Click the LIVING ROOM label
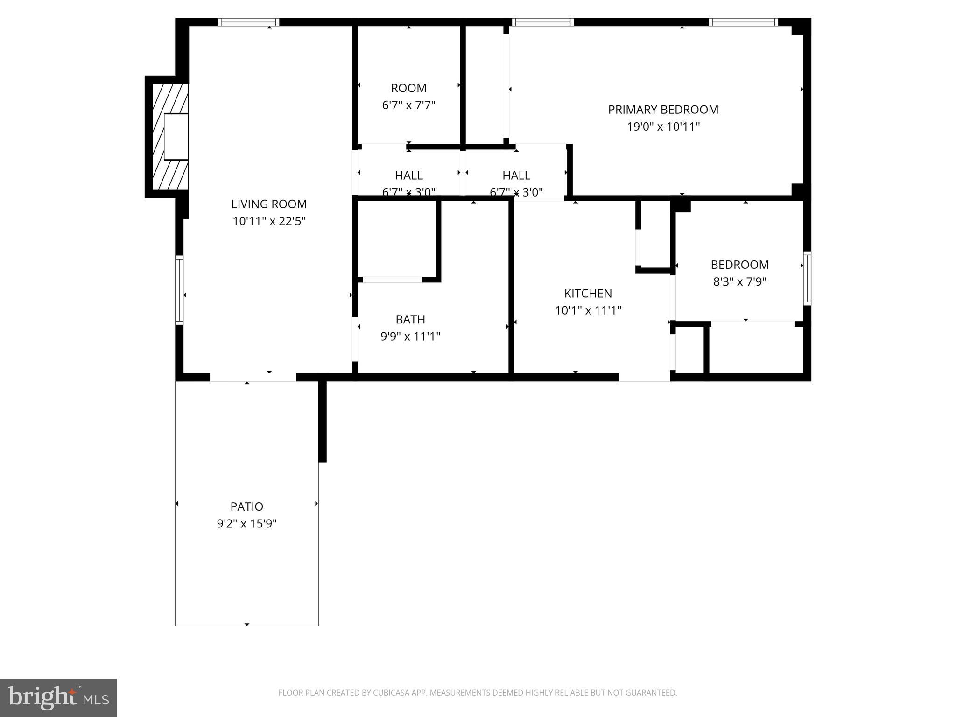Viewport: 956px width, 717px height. click(x=269, y=204)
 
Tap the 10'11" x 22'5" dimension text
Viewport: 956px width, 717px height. click(x=269, y=221)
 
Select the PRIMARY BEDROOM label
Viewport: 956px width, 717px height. click(x=663, y=110)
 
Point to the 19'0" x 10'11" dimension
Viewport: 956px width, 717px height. click(x=663, y=127)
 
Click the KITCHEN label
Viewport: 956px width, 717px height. click(x=588, y=294)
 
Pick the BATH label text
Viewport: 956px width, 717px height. click(x=410, y=320)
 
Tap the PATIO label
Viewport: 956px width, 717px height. click(x=246, y=506)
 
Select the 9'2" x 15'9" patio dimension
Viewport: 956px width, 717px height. click(x=246, y=524)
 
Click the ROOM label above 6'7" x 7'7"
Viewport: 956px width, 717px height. click(x=408, y=88)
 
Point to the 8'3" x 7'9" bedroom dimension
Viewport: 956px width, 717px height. click(x=739, y=282)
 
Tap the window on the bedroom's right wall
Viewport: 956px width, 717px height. click(x=807, y=278)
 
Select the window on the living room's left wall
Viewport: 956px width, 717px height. click(x=179, y=290)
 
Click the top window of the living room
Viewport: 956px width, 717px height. click(x=248, y=22)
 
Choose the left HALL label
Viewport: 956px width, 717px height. click(x=408, y=176)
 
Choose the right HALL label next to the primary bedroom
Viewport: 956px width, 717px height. click(x=516, y=176)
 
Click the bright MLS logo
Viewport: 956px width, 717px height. click(x=58, y=697)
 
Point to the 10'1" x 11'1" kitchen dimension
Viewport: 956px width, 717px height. click(x=588, y=311)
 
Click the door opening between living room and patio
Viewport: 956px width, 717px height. click(x=253, y=377)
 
